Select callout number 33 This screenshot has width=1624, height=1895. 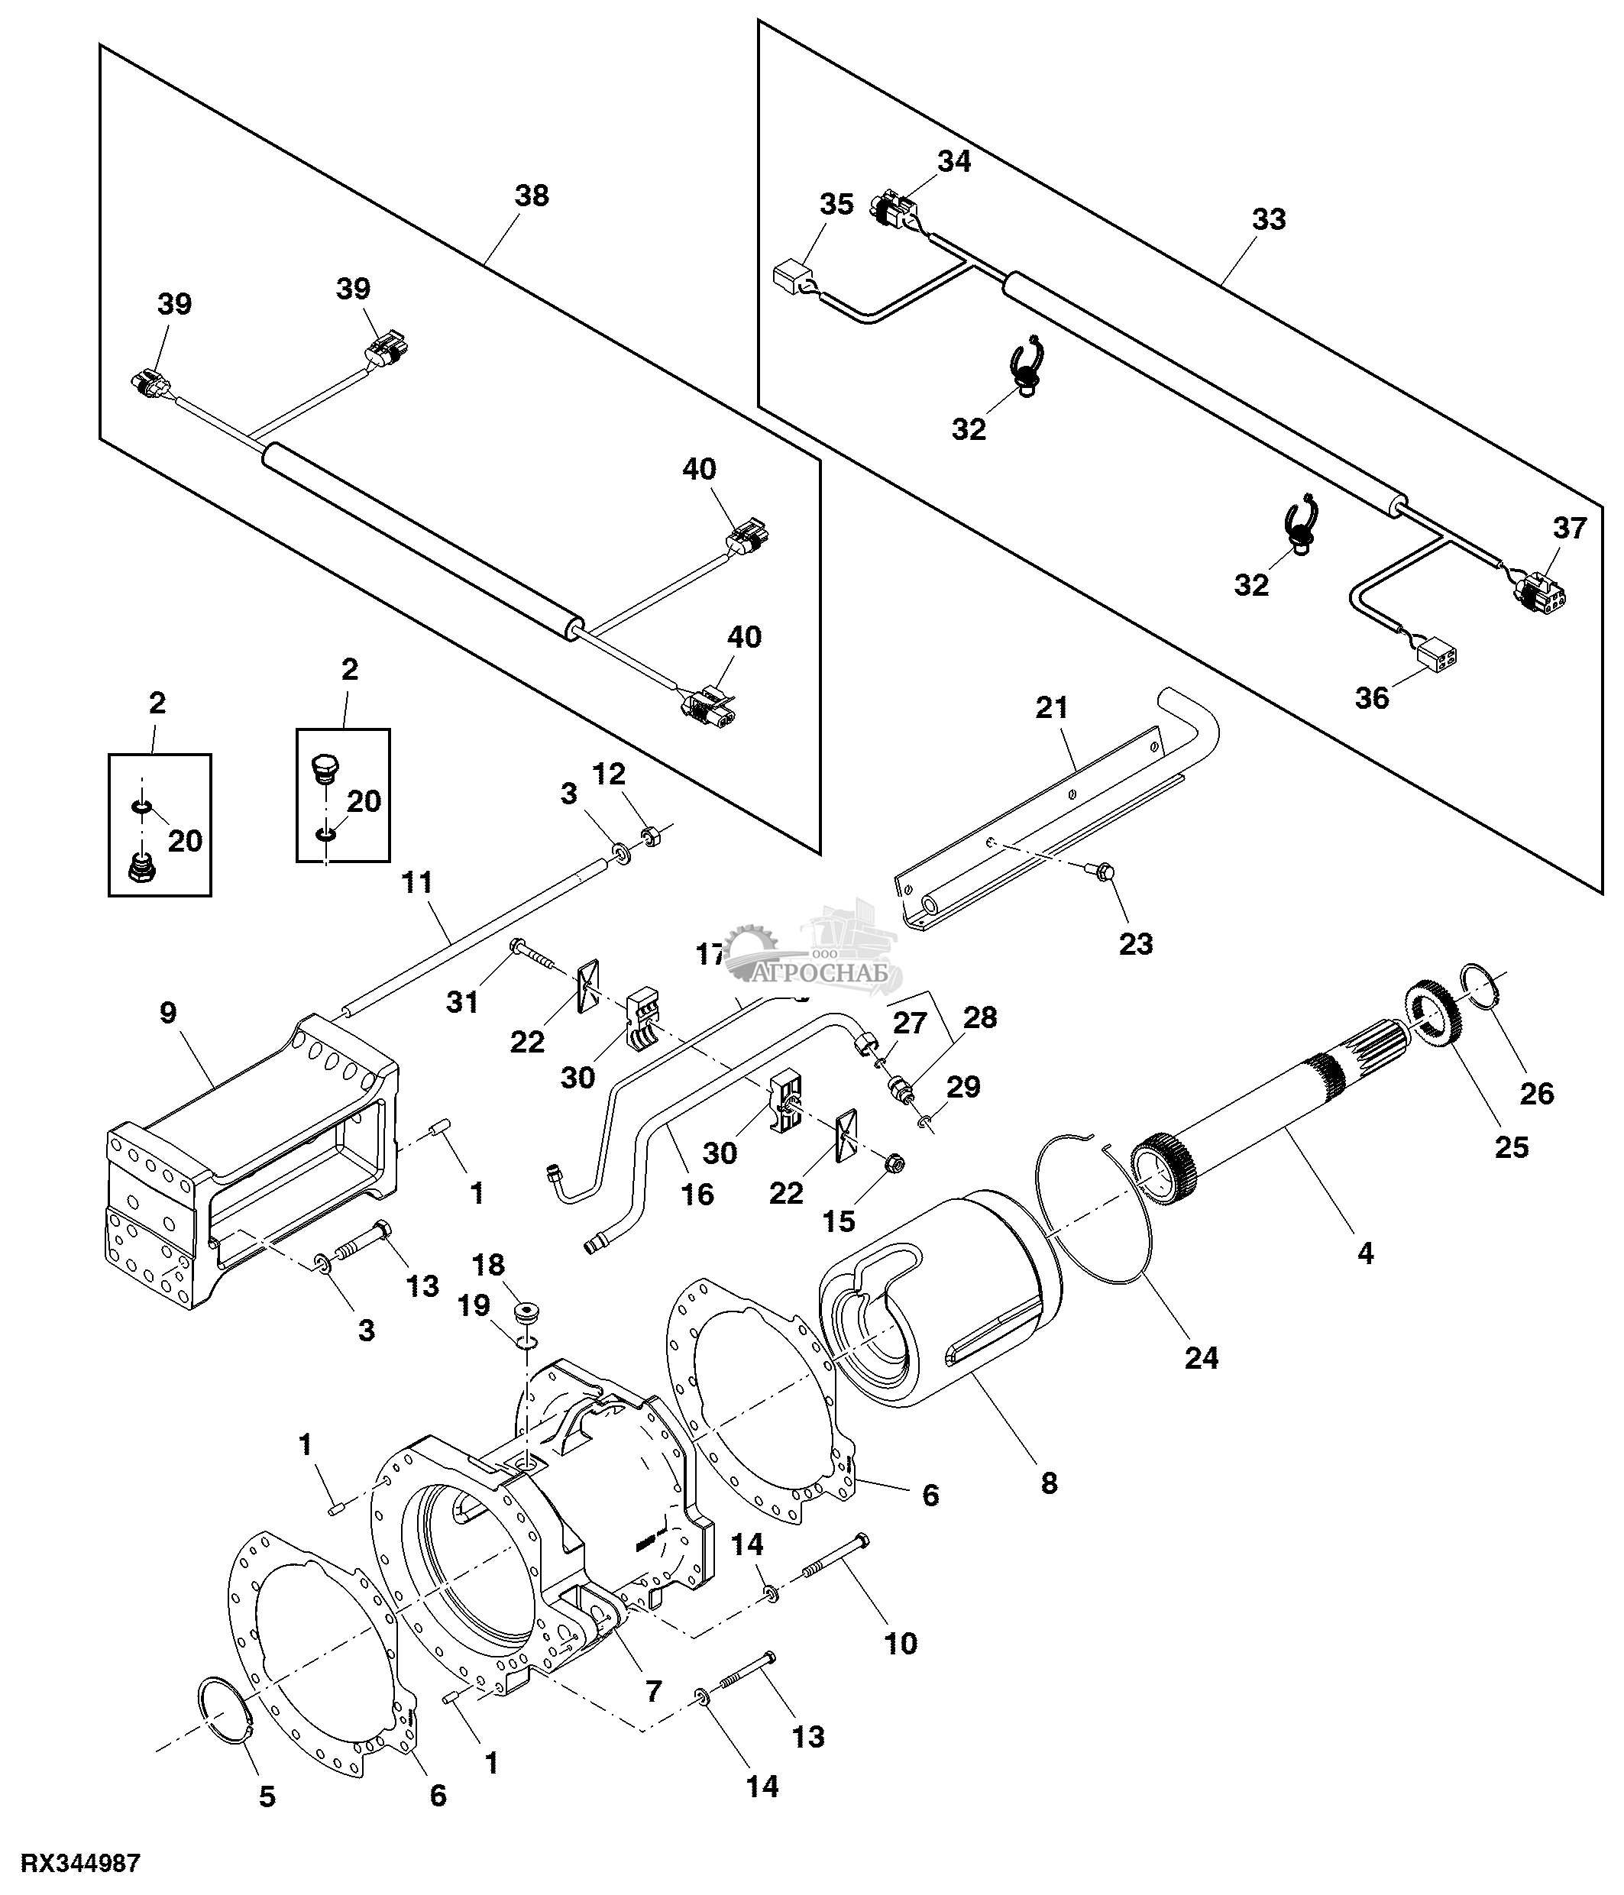(x=1268, y=219)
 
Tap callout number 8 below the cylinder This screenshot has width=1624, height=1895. (x=1049, y=1482)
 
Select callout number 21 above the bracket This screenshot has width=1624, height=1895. (x=1052, y=707)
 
